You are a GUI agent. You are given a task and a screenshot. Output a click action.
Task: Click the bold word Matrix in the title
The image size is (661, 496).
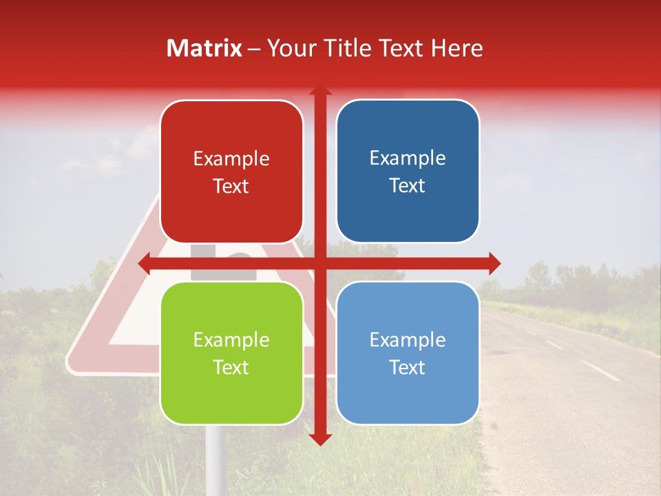(204, 48)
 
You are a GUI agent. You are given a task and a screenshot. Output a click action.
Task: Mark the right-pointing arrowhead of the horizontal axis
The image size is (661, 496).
(494, 263)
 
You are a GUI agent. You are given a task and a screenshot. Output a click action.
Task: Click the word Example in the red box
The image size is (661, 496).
(231, 159)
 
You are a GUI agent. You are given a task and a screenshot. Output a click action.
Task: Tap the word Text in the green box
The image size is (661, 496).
(231, 367)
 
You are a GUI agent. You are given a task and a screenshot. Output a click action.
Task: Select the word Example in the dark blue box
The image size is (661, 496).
(408, 158)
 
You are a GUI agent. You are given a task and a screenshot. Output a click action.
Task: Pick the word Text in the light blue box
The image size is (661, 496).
(408, 367)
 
